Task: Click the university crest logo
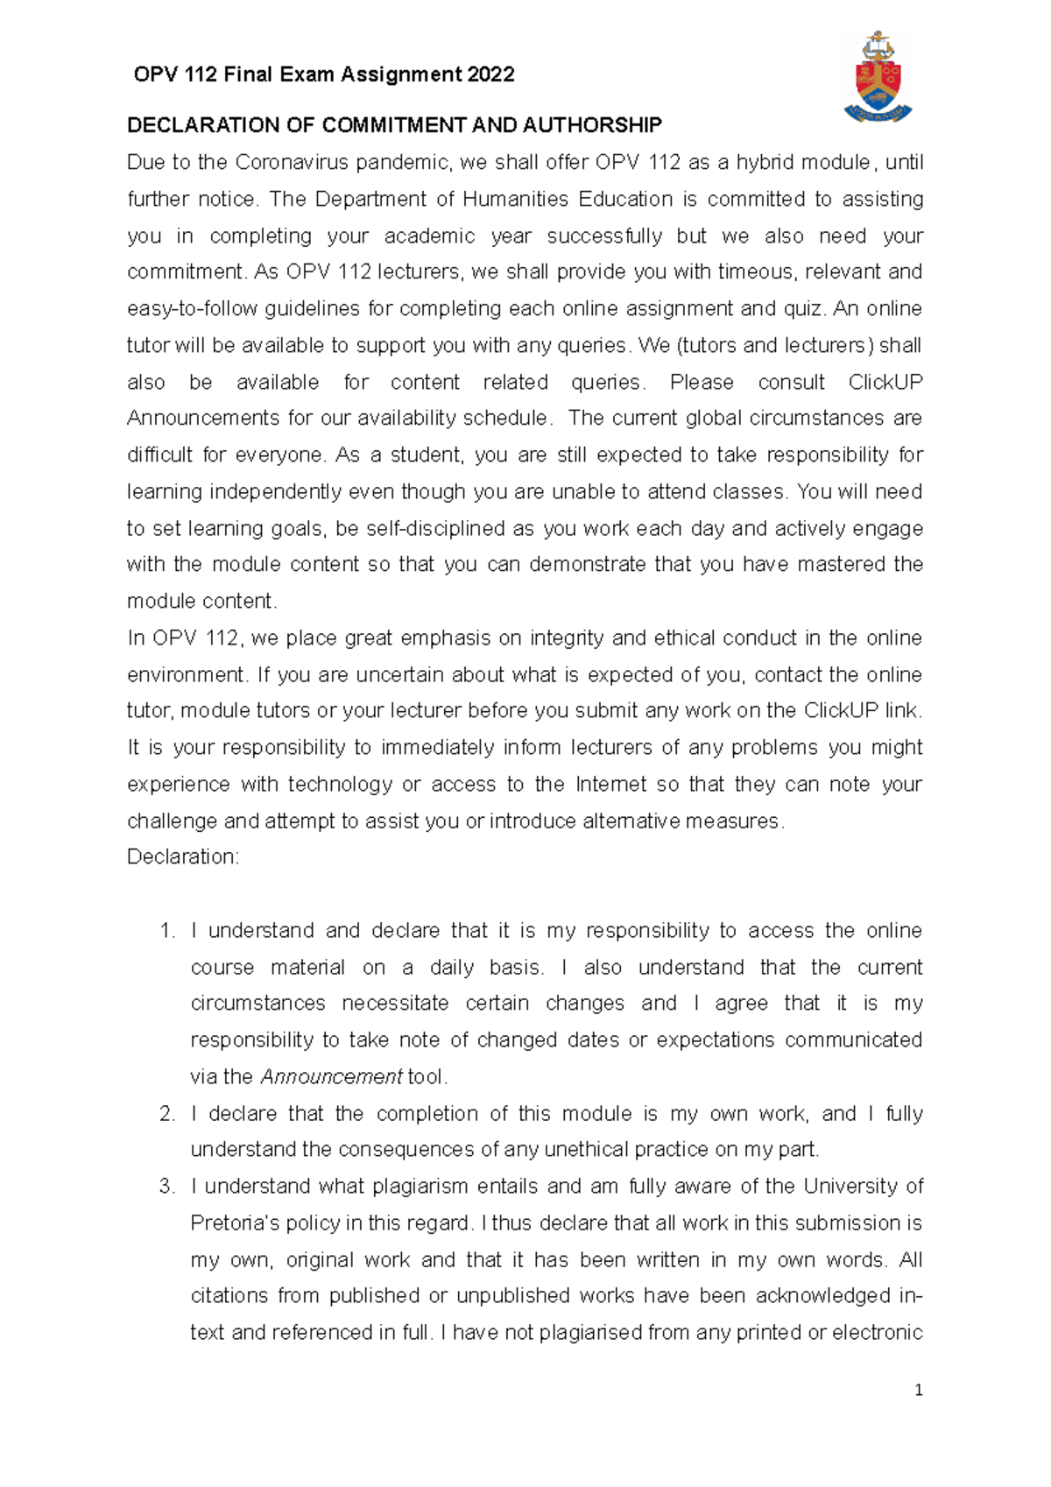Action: pos(878,77)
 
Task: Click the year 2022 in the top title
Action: pos(490,74)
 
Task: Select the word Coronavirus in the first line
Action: pos(293,163)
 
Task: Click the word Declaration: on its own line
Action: pos(183,857)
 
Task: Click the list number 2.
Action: pos(167,1114)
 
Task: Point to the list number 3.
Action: pos(167,1187)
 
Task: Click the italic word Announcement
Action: pos(332,1077)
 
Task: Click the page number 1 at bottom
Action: pos(918,1390)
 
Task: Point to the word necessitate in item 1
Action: pos(395,1004)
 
